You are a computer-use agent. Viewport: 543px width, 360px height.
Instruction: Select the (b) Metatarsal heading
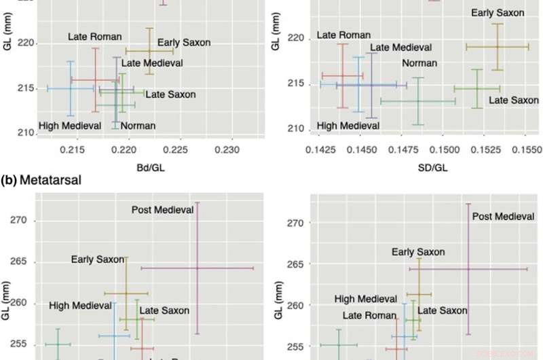pos(40,181)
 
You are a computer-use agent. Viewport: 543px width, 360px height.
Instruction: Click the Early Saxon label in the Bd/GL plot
pos(178,42)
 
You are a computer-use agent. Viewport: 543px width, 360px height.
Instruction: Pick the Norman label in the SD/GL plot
pos(419,64)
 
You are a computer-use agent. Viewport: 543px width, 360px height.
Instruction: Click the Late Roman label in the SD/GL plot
pos(344,35)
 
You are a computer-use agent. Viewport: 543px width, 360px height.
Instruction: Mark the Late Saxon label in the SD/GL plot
pos(513,101)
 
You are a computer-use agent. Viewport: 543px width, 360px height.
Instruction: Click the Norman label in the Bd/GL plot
pos(138,126)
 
